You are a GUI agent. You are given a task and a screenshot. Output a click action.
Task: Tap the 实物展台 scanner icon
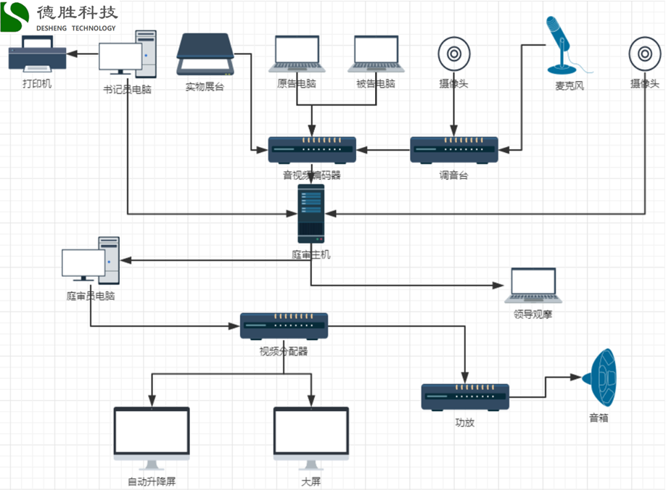(205, 55)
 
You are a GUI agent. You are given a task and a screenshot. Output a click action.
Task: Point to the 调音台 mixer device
(454, 150)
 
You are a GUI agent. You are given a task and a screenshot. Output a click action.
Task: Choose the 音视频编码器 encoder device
(312, 150)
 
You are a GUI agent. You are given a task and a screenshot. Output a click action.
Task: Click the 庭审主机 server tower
(310, 213)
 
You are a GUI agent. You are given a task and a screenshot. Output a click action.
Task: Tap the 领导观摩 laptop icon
(533, 286)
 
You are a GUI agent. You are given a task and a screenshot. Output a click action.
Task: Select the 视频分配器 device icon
(284, 327)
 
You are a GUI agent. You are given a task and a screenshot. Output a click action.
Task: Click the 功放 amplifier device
(465, 396)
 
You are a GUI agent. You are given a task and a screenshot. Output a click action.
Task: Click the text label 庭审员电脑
(91, 296)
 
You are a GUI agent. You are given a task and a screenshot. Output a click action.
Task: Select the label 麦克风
(569, 86)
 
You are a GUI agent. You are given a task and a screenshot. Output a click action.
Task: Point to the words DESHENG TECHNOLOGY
(76, 28)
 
